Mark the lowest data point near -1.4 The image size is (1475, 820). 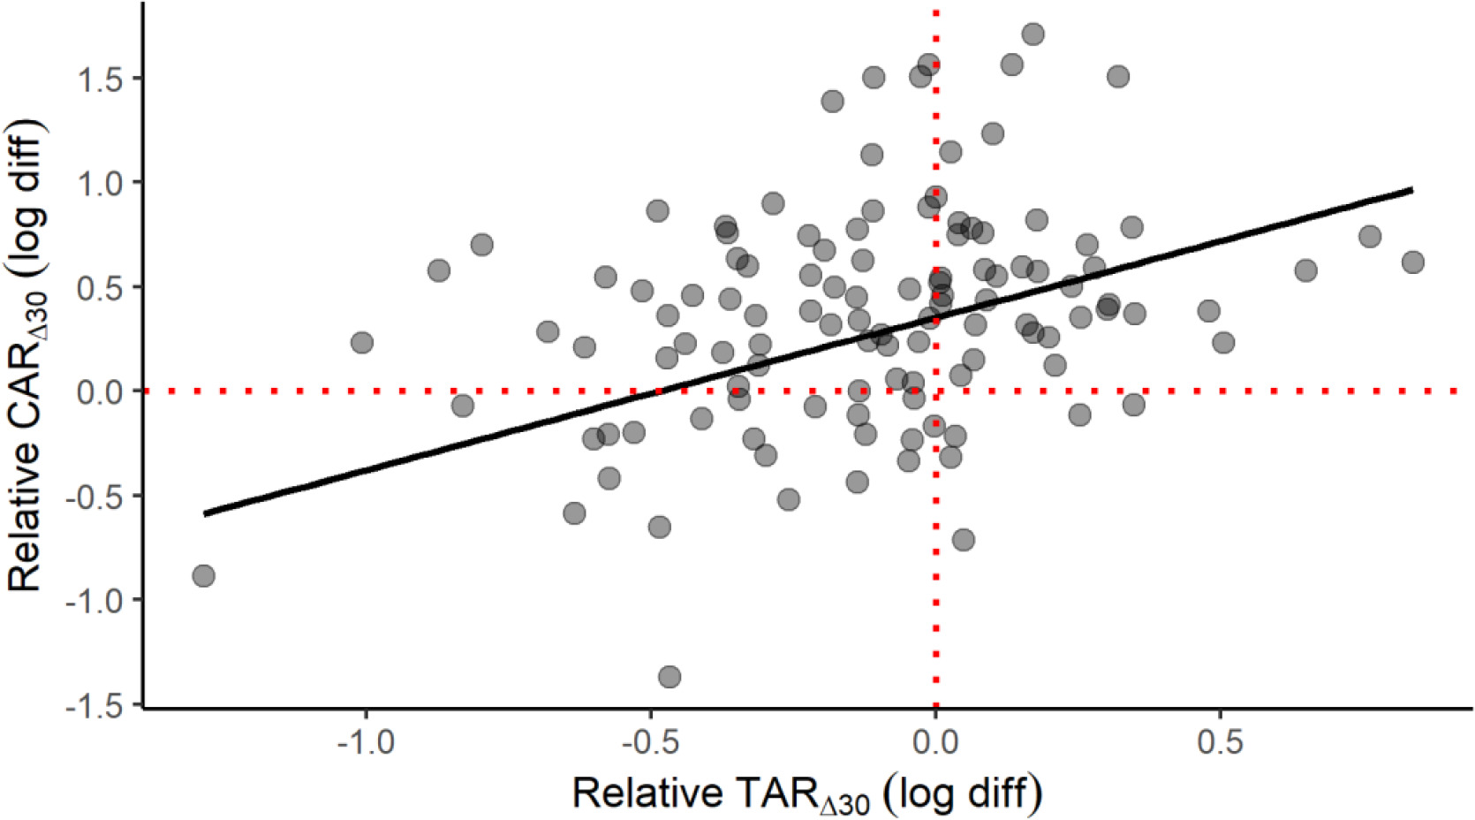coord(669,678)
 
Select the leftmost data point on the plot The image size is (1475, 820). coord(203,576)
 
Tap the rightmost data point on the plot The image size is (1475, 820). coord(1412,262)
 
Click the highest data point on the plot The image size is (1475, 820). coord(1032,34)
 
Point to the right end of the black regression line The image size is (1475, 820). coord(1412,189)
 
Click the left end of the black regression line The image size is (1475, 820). coord(204,513)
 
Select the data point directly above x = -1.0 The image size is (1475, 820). coord(361,342)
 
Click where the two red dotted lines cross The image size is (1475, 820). coord(935,391)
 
